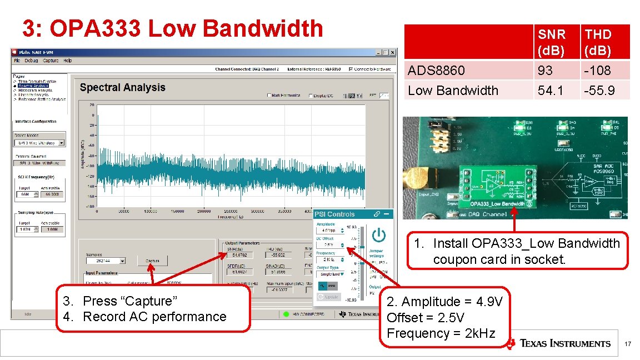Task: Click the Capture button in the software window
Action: (x=152, y=260)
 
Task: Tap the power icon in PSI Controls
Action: (x=379, y=235)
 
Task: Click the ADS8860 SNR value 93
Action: (x=545, y=71)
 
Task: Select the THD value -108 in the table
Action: (x=598, y=71)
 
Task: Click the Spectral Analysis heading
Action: (x=122, y=87)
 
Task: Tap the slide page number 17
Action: (x=628, y=345)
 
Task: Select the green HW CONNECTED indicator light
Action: (x=286, y=314)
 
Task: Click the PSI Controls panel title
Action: (x=334, y=214)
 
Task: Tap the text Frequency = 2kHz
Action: (x=441, y=333)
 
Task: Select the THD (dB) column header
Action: (x=598, y=42)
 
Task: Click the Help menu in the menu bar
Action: (x=67, y=60)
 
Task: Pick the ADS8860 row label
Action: (x=436, y=71)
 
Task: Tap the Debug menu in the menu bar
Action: (x=31, y=60)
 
